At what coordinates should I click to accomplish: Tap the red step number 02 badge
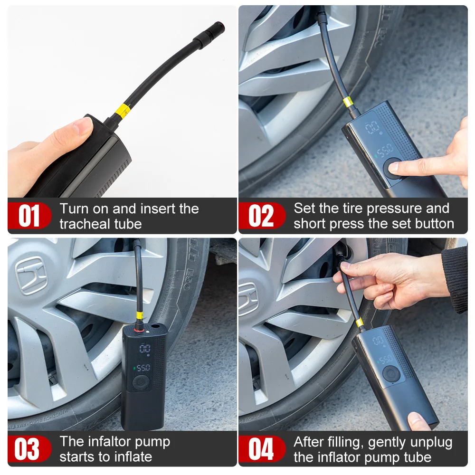pyautogui.click(x=261, y=216)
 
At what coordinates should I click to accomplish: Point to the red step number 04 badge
pyautogui.click(x=261, y=449)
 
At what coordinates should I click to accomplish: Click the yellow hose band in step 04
pyautogui.click(x=360, y=323)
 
